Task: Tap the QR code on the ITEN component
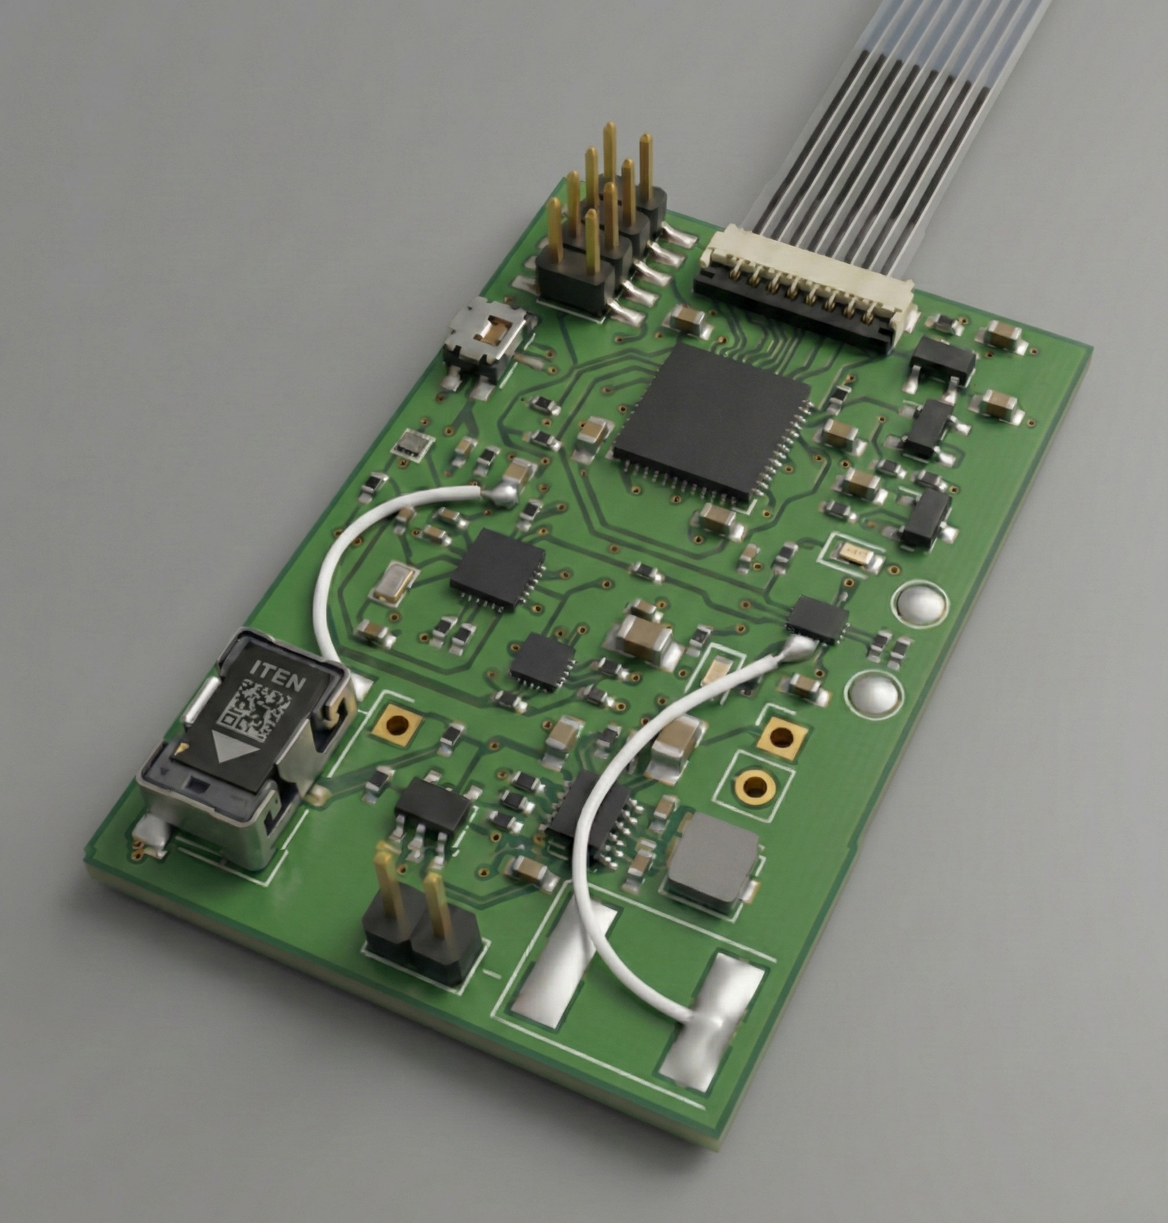(256, 708)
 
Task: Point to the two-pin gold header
(420, 915)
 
